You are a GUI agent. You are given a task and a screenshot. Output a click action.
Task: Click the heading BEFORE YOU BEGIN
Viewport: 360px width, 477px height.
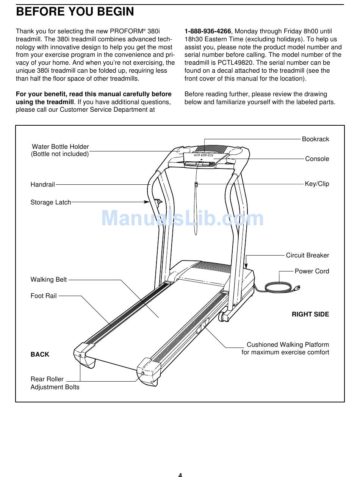point(75,12)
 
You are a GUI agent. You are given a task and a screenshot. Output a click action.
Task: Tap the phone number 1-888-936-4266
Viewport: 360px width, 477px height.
point(208,31)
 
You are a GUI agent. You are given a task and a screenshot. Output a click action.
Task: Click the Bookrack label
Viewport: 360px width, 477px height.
point(315,139)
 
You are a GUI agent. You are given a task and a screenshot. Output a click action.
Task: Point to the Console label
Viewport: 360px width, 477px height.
point(317,159)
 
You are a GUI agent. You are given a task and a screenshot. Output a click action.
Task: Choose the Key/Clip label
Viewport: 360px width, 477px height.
point(317,184)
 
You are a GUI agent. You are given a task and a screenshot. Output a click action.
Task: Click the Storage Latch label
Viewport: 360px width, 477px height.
point(51,202)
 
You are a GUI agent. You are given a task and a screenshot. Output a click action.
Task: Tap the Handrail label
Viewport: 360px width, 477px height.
point(42,184)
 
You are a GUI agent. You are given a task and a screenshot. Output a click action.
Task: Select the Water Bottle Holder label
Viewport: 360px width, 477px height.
point(60,147)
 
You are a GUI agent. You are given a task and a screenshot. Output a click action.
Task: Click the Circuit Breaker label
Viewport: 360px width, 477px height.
point(307,255)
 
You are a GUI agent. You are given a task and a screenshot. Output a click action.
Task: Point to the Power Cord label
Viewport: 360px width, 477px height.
point(311,271)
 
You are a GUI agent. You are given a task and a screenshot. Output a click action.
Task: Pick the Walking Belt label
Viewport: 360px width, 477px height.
point(49,279)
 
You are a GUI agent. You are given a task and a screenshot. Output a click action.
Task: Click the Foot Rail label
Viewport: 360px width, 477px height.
point(44,296)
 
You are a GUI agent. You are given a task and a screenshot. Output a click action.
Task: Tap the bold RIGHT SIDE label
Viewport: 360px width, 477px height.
point(310,314)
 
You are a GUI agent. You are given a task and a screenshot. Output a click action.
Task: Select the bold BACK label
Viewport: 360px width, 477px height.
point(40,354)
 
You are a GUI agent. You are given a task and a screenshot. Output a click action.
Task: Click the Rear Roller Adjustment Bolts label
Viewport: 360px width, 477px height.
point(55,383)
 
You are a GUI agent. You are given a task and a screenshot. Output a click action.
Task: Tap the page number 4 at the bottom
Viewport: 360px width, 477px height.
point(180,474)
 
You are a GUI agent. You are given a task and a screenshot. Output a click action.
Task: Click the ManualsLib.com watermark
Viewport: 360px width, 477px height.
point(182,219)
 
